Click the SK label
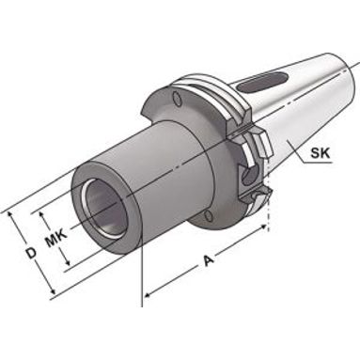pyautogui.click(x=320, y=153)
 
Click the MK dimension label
pyautogui.click(x=55, y=237)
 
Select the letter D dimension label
pyautogui.click(x=31, y=253)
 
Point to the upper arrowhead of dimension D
pyautogui.click(x=11, y=215)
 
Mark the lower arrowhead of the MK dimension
pyautogui.click(x=66, y=262)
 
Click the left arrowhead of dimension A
pyautogui.click(x=148, y=293)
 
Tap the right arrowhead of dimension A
pyautogui.click(x=263, y=227)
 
